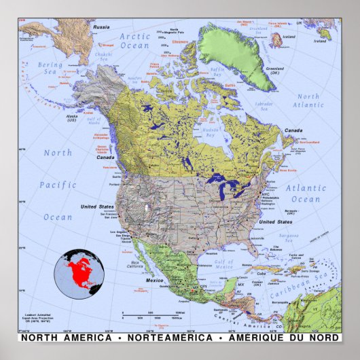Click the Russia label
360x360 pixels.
click(x=101, y=26)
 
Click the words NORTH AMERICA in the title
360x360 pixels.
click(x=66, y=338)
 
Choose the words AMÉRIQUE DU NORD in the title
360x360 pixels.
click(x=280, y=338)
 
